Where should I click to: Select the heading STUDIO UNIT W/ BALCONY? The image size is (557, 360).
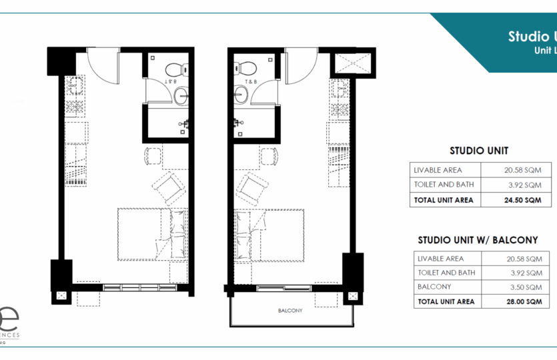tap(478, 240)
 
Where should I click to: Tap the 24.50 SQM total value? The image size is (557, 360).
tap(522, 199)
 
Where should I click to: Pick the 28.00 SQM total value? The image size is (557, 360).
tap(522, 301)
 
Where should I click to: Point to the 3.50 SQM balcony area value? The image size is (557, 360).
tap(523, 287)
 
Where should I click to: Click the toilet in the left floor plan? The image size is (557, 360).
tap(173, 69)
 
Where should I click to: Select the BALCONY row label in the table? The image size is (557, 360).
tap(433, 287)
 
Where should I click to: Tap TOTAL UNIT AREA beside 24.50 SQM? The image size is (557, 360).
tap(444, 199)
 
